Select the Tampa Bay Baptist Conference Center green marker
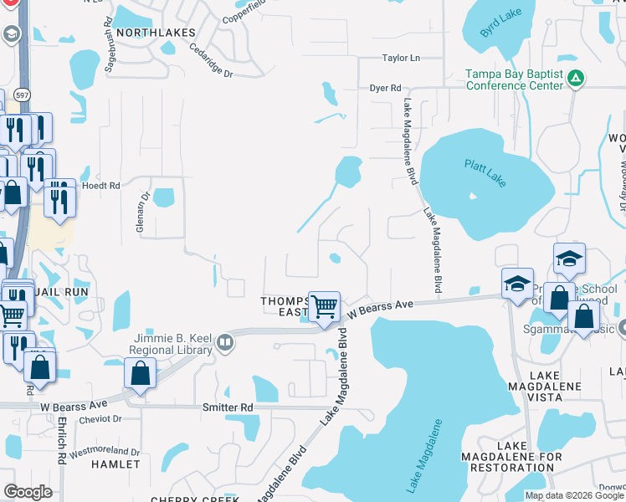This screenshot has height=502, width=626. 575,79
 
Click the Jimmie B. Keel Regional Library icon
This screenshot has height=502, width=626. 224,341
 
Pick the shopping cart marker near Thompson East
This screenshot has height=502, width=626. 324,306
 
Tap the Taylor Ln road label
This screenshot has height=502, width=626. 400,58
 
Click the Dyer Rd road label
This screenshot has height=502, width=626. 386,88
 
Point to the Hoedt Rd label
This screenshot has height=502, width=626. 101,185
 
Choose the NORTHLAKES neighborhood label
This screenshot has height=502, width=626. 156,32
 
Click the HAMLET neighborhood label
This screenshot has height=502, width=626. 115,464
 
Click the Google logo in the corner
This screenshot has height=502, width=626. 28,491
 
